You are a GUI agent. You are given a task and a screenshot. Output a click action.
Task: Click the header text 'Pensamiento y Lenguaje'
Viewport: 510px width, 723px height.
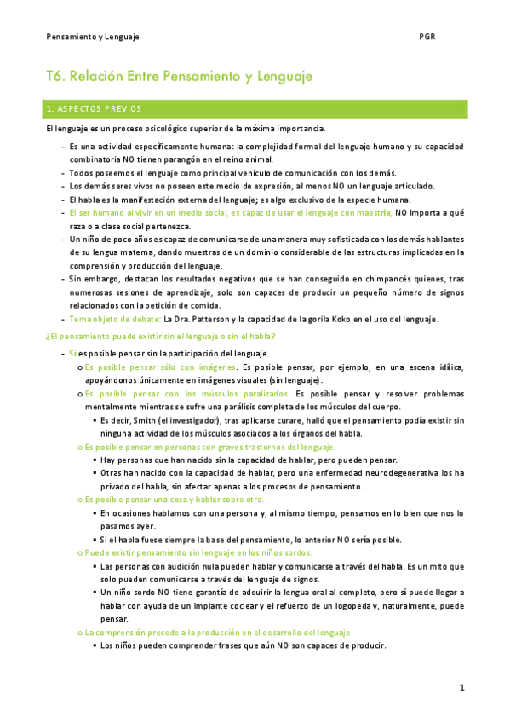[x=93, y=38]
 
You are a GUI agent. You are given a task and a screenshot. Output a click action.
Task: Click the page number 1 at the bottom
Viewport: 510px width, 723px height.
[x=461, y=687]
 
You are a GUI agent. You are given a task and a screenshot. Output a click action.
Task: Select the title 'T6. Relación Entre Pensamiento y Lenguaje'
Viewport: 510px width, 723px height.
[x=179, y=77]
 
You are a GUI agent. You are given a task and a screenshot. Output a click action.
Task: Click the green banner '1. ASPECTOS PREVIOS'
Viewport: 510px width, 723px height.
[x=94, y=109]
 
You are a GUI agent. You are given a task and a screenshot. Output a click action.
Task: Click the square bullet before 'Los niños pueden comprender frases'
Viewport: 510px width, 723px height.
[x=94, y=646]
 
